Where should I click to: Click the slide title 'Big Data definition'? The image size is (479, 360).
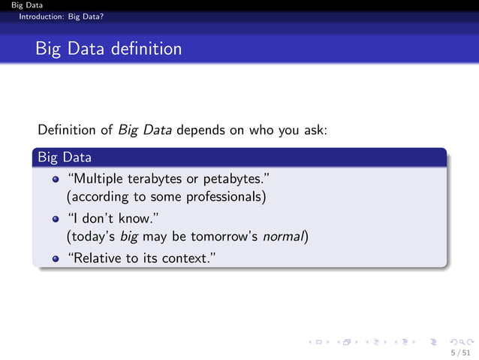108,50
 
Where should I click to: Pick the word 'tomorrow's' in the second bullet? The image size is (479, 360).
225,237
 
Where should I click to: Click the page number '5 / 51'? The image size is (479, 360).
460,352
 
